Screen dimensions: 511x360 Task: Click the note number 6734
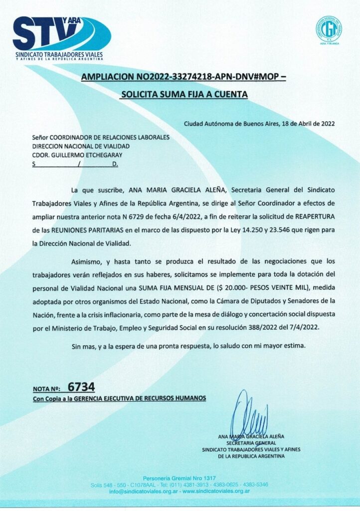[x=81, y=387]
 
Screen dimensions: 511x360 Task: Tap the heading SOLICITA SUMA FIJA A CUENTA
[x=184, y=93]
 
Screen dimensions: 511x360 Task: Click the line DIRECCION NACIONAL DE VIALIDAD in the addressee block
[x=81, y=146]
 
